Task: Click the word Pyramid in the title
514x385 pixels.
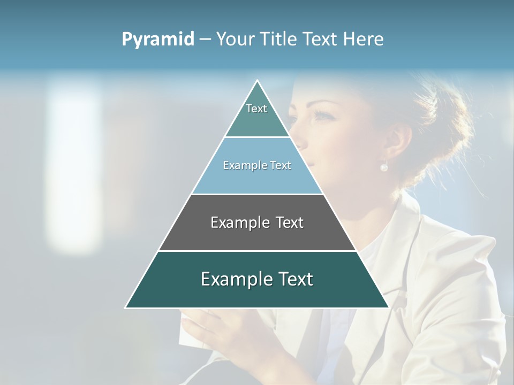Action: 158,39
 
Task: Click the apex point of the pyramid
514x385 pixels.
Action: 257,81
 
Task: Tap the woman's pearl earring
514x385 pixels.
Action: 384,167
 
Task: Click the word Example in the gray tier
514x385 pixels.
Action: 237,222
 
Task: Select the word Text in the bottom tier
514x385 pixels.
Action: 293,279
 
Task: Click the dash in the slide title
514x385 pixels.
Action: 205,39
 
